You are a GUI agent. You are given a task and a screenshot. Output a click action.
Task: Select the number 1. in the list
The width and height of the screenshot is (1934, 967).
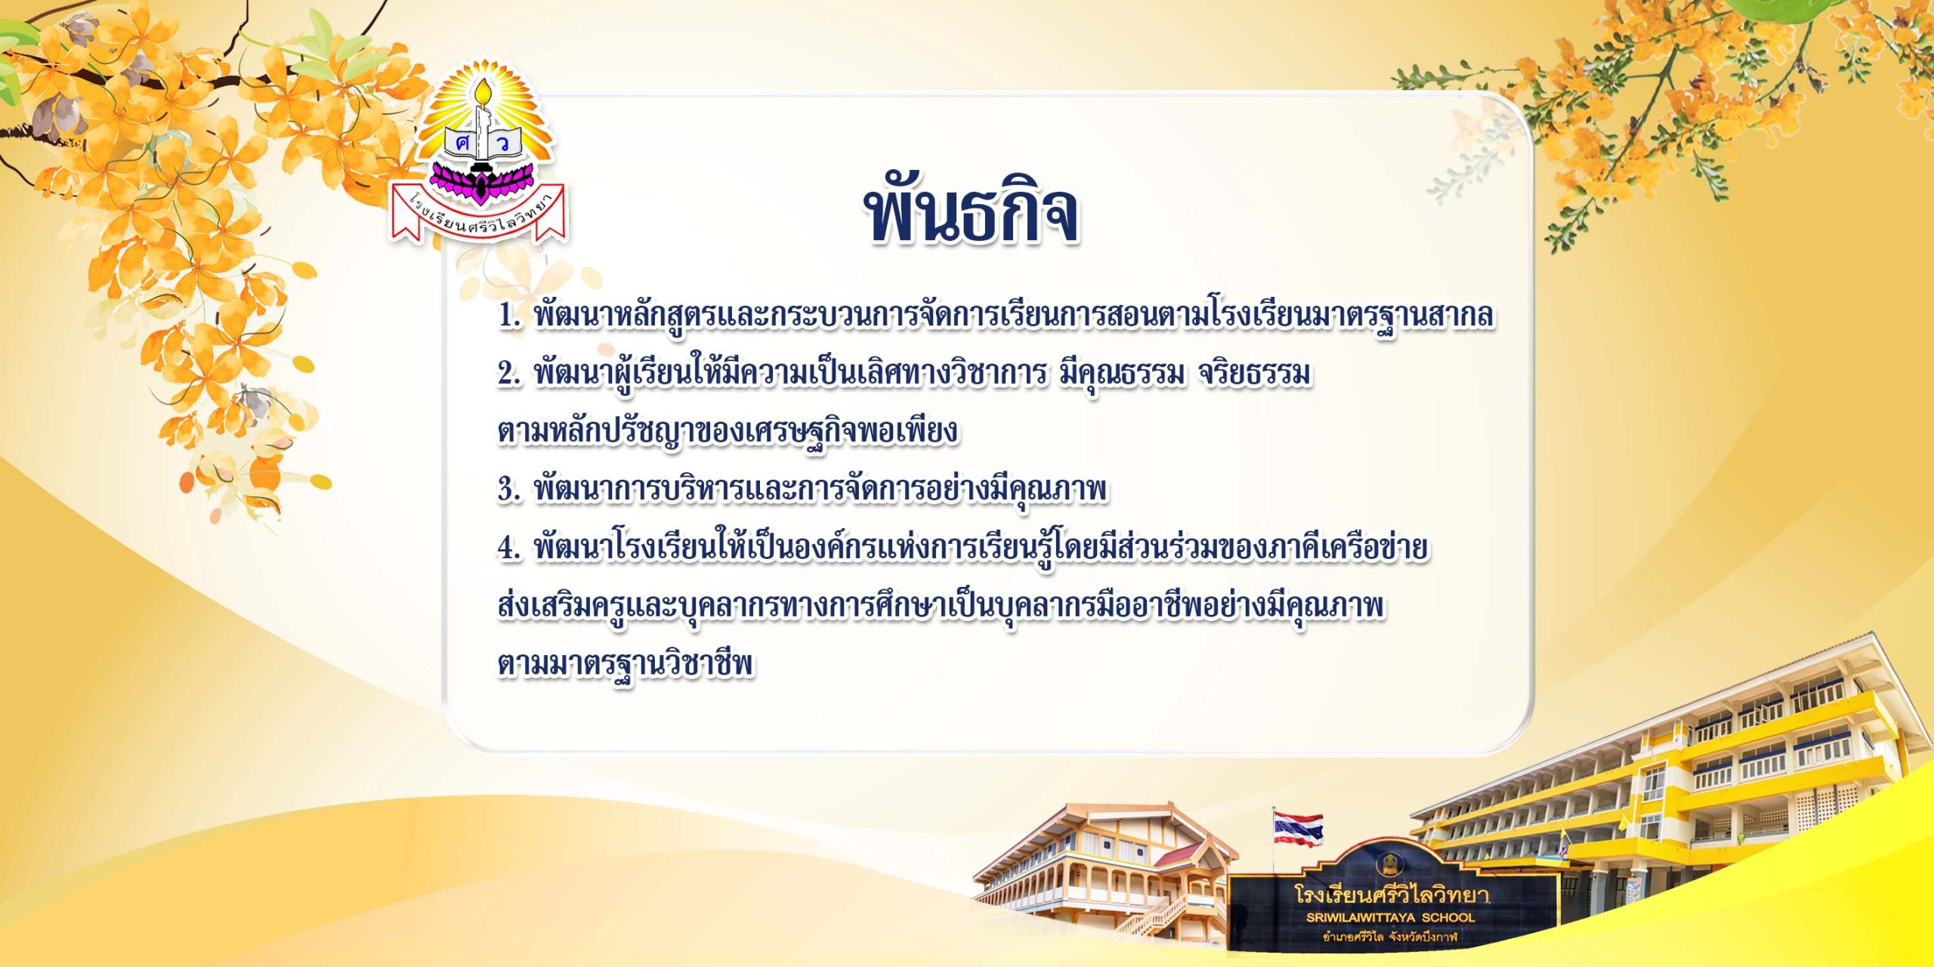[510, 316]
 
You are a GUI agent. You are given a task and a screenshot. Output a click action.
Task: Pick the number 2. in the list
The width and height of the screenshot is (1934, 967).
[510, 374]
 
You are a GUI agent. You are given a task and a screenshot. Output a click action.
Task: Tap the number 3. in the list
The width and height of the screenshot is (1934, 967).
[510, 490]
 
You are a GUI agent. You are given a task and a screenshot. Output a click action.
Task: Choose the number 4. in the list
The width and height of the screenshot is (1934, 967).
[510, 548]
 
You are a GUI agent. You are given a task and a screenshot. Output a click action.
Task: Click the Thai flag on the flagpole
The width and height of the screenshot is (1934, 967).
[1298, 829]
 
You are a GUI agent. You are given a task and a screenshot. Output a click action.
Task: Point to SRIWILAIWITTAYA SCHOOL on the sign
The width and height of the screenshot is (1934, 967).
[1390, 918]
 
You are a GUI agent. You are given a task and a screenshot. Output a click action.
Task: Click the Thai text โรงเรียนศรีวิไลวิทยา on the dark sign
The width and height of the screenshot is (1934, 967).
[1392, 894]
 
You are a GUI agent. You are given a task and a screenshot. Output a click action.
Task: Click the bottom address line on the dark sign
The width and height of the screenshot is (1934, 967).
[1390, 938]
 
